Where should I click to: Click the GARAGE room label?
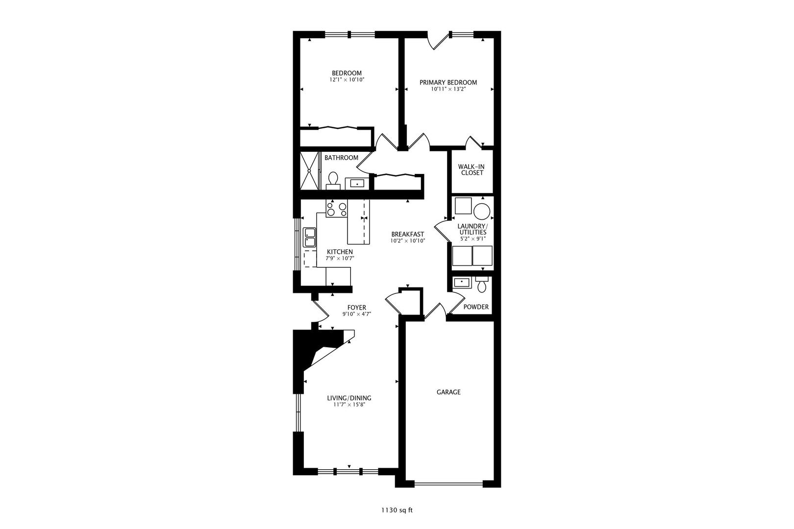[448, 392]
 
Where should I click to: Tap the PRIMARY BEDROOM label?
[448, 83]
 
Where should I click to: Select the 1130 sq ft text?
[397, 510]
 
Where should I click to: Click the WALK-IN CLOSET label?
[471, 169]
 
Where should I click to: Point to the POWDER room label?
[476, 307]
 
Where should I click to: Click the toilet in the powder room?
[482, 285]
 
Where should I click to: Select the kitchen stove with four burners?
[336, 208]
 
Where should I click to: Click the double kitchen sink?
[309, 238]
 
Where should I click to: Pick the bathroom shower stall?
[309, 171]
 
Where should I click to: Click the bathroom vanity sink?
[357, 184]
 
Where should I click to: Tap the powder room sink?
[462, 283]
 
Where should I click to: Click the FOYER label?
[357, 308]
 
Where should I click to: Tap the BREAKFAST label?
[408, 234]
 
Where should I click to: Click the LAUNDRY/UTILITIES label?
[472, 229]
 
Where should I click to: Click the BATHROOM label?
[341, 158]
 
